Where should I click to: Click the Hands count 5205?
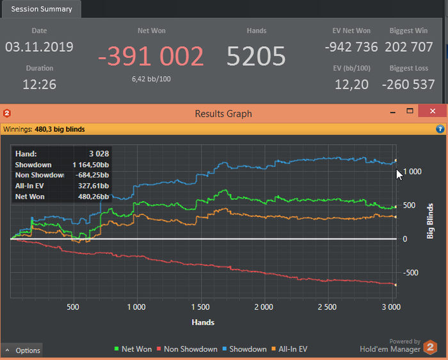pyautogui.click(x=256, y=57)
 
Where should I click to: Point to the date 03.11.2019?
pyautogui.click(x=39, y=47)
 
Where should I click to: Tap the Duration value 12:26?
pyautogui.click(x=39, y=84)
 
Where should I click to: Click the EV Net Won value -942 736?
pyautogui.click(x=351, y=47)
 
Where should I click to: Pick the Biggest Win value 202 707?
pyautogui.click(x=410, y=47)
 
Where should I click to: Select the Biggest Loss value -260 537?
pyautogui.click(x=408, y=84)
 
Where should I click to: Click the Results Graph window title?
pyautogui.click(x=223, y=113)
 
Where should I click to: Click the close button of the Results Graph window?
pyautogui.click(x=433, y=112)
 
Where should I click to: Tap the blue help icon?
pyautogui.click(x=440, y=129)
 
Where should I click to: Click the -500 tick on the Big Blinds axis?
pyautogui.click(x=410, y=273)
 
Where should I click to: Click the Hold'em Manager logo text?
pyautogui.click(x=390, y=349)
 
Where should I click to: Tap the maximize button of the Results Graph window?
pyautogui.click(x=410, y=112)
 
